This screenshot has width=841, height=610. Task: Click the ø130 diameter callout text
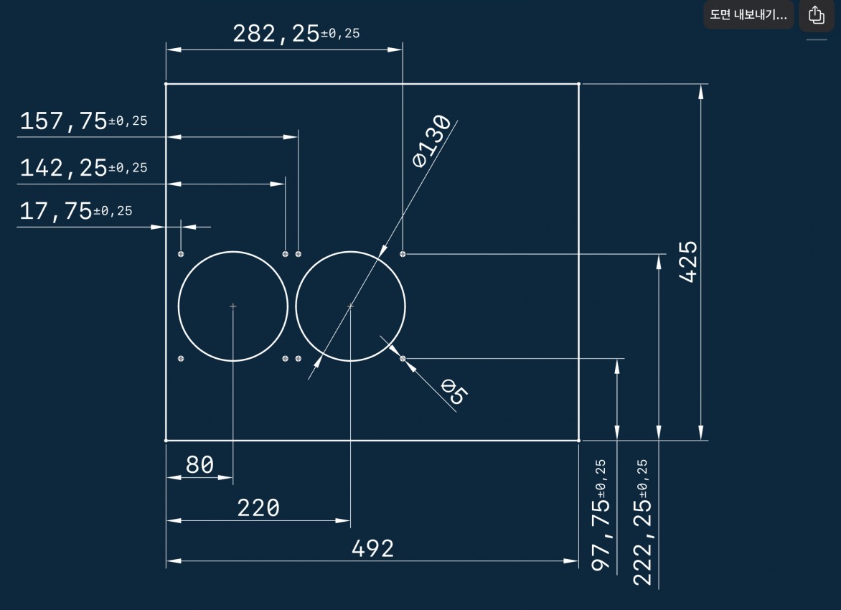[431, 141]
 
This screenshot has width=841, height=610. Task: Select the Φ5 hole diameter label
[454, 391]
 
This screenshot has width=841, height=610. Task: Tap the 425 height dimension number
[688, 261]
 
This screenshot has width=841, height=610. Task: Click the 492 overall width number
[372, 548]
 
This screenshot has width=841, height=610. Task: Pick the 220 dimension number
[258, 507]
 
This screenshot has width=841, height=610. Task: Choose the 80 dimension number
[200, 464]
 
